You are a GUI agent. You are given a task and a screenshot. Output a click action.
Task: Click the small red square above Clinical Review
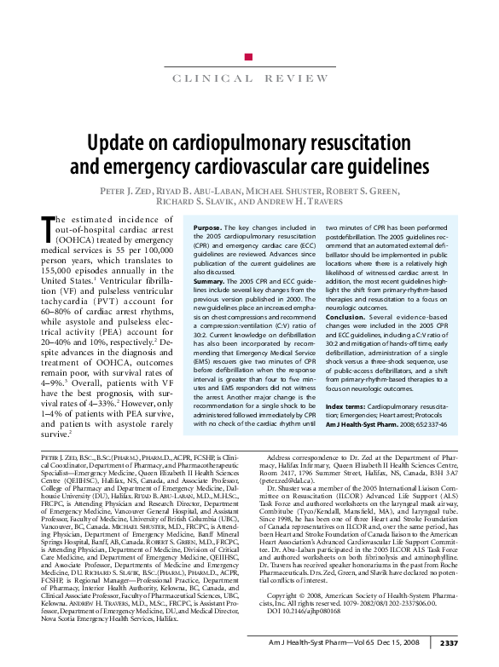pyautogui.click(x=248, y=57)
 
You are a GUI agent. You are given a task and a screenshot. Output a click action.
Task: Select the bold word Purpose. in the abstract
pyautogui.click(x=208, y=229)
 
